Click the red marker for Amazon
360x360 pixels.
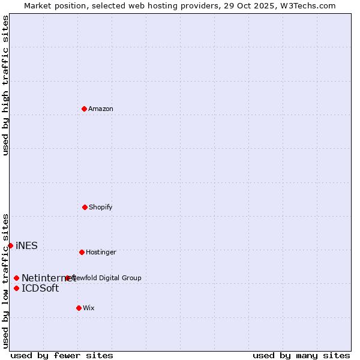click(84, 109)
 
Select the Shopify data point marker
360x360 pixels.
click(85, 207)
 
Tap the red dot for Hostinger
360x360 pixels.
click(82, 252)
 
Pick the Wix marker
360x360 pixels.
click(79, 308)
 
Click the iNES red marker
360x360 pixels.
click(10, 245)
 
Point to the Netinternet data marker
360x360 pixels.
click(16, 278)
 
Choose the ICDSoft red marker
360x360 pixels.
click(16, 288)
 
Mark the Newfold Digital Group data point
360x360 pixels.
click(67, 278)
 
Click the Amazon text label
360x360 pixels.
click(100, 109)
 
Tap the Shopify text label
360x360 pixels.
click(100, 207)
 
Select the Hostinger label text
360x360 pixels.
click(101, 252)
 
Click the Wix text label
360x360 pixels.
click(88, 308)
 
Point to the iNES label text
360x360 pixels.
click(26, 245)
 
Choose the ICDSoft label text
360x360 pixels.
click(40, 288)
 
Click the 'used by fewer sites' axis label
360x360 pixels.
click(62, 355)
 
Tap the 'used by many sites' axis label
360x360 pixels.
click(301, 355)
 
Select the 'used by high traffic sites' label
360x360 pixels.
click(5, 85)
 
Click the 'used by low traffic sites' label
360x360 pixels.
click(5, 281)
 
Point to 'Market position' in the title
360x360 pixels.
click(53, 5)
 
